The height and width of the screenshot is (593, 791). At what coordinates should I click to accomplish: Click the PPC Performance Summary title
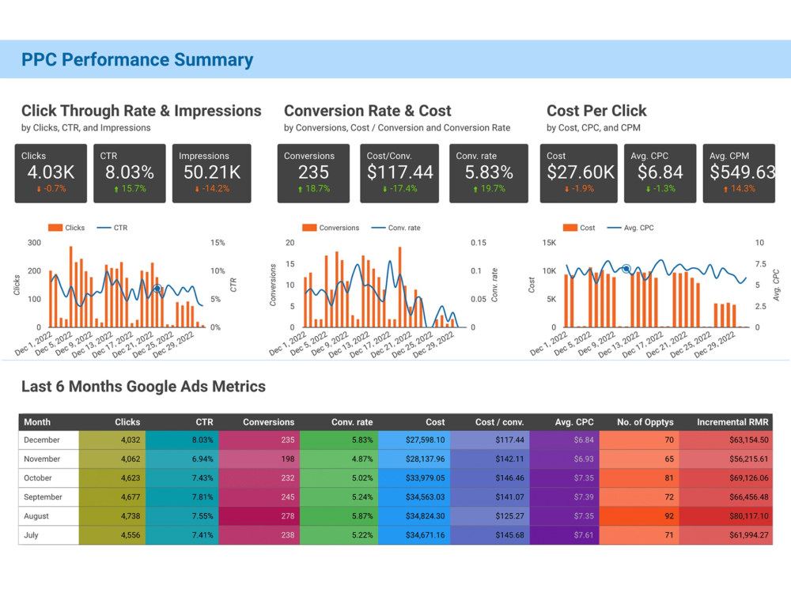[x=137, y=59]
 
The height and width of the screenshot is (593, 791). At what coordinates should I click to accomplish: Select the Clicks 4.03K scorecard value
[x=51, y=172]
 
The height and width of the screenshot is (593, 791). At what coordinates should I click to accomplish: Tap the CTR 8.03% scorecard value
[x=130, y=172]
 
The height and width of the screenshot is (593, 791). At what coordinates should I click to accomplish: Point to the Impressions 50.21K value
[x=212, y=172]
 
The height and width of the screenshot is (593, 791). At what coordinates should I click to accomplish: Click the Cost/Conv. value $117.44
[x=400, y=172]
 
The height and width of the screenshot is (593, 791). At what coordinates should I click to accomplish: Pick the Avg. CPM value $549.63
[x=742, y=172]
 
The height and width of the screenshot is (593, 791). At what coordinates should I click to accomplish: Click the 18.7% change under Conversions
[x=314, y=189]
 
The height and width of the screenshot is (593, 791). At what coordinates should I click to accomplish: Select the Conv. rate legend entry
[x=396, y=228]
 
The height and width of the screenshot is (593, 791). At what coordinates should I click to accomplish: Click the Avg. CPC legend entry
[x=630, y=228]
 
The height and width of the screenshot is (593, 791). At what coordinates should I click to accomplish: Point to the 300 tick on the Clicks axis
[x=34, y=243]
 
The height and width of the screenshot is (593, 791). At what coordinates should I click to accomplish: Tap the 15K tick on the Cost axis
[x=549, y=243]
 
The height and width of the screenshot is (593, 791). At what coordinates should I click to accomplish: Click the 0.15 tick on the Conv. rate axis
[x=479, y=243]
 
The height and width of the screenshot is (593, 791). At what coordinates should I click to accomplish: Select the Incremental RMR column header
[x=732, y=422]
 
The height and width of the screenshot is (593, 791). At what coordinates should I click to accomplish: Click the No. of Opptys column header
[x=645, y=422]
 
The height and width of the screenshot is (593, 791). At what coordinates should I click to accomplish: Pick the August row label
[x=36, y=516]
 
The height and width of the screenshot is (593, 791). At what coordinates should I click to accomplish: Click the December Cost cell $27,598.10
[x=426, y=440]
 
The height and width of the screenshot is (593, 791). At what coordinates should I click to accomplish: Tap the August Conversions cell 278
[x=288, y=516]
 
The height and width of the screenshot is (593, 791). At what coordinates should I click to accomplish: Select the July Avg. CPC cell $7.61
[x=584, y=535]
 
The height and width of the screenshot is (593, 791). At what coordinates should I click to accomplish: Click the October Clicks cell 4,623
[x=131, y=478]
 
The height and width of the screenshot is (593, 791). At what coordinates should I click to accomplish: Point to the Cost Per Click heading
[x=596, y=111]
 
